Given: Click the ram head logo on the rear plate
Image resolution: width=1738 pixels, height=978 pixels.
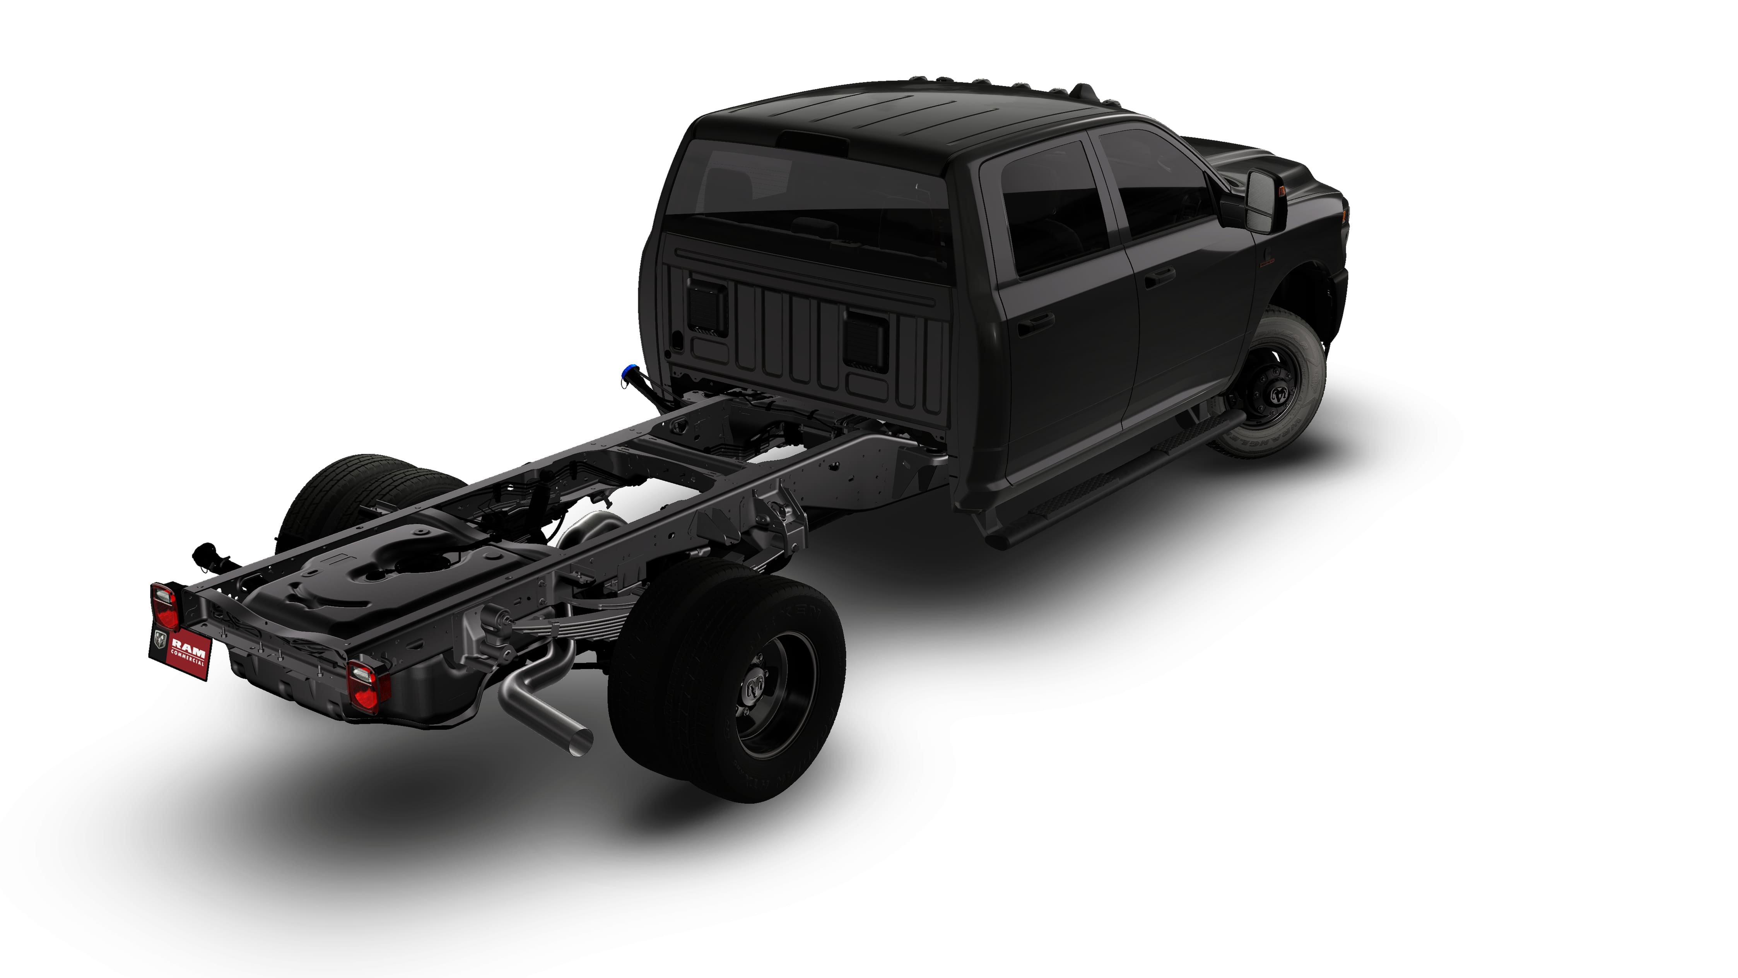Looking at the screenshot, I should click(160, 638).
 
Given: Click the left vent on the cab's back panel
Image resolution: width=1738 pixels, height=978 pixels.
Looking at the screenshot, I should click(707, 307).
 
